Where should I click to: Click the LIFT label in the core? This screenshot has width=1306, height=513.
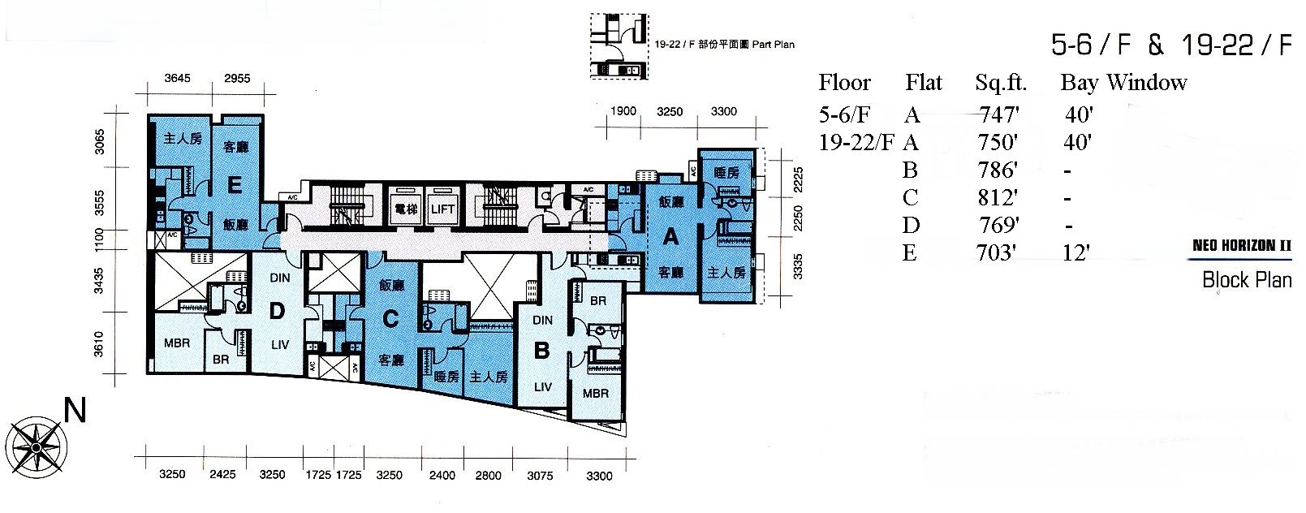pyautogui.click(x=442, y=209)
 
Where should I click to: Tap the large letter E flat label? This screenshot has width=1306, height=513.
pyautogui.click(x=235, y=185)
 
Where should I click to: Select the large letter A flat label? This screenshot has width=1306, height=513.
pyautogui.click(x=670, y=237)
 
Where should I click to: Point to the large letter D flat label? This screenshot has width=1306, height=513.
pyautogui.click(x=277, y=311)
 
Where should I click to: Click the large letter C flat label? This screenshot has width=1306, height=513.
pyautogui.click(x=390, y=319)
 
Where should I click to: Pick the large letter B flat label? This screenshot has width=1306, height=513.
pyautogui.click(x=541, y=351)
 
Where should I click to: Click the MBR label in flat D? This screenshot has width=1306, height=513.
pyautogui.click(x=177, y=343)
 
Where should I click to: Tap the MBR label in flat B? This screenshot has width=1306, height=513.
pyautogui.click(x=595, y=394)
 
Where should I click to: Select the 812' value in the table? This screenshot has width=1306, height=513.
pyautogui.click(x=998, y=198)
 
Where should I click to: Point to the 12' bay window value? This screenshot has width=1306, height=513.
pyautogui.click(x=1075, y=253)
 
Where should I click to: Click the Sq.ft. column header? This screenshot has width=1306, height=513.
pyautogui.click(x=1001, y=84)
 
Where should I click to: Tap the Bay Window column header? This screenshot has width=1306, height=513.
pyautogui.click(x=1123, y=83)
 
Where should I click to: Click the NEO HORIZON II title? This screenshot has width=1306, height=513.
pyautogui.click(x=1242, y=245)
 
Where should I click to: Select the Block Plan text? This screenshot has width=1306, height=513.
pyautogui.click(x=1247, y=280)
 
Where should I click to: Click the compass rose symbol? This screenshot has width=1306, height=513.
pyautogui.click(x=37, y=448)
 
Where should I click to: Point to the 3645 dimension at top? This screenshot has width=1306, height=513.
pyautogui.click(x=177, y=78)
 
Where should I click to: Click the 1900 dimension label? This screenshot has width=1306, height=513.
pyautogui.click(x=623, y=111)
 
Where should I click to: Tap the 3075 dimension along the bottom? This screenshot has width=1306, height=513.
pyautogui.click(x=540, y=476)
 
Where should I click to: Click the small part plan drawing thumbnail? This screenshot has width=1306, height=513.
pyautogui.click(x=619, y=46)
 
